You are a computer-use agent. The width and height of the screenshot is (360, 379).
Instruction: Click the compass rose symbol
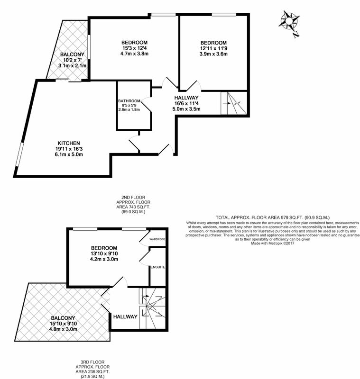289,22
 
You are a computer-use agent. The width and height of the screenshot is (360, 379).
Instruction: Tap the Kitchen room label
69,143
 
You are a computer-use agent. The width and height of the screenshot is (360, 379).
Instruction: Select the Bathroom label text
129,101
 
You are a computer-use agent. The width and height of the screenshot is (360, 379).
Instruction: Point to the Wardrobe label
157,239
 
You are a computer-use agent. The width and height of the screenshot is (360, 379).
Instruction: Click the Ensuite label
158,267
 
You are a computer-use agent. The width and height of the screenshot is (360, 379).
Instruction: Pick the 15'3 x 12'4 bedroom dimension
134,48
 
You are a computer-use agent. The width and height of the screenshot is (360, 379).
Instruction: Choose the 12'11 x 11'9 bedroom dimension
213,48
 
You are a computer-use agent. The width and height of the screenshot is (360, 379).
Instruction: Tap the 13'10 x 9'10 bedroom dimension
104,253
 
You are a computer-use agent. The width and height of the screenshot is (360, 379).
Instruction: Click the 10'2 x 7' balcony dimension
73,60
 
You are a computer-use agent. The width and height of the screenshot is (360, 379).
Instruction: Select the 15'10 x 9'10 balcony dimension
64,324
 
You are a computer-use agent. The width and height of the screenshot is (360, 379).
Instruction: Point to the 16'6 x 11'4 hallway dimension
186,103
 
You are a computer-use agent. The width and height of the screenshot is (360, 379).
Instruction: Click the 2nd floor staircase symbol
234,103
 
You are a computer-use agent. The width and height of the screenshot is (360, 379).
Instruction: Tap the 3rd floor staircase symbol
152,308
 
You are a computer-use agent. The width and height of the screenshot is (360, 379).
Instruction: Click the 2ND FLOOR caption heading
133,198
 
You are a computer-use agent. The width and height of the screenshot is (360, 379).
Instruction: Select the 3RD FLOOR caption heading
92,362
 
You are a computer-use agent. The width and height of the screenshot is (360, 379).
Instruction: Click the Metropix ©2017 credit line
273,244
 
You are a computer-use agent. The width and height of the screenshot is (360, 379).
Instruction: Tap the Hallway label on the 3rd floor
125,316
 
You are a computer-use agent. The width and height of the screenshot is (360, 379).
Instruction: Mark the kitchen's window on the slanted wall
20,154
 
